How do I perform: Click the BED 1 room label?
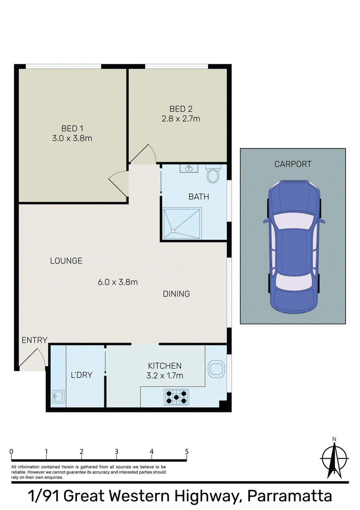coord(72,128)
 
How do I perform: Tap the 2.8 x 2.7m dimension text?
coord(181,119)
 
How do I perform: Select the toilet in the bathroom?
coord(213,173)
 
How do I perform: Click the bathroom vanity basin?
coord(189,168)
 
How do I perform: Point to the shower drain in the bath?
coord(173,231)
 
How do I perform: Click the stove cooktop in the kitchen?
coord(176,397)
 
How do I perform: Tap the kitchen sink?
coord(216,369)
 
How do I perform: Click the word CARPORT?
coord(292,164)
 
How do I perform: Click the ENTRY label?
coord(35,340)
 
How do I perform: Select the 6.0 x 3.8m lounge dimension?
coord(118,282)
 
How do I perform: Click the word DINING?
coord(176,294)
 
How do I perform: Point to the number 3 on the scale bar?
coord(117,451)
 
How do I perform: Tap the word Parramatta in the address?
coord(290,496)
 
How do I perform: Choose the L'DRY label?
coord(81,375)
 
